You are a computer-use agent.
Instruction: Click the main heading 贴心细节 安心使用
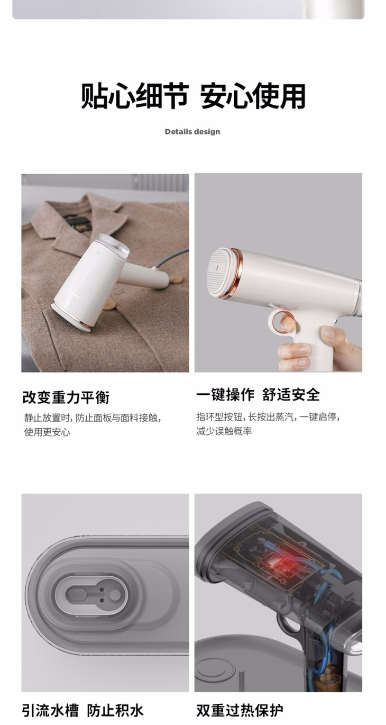tap(193, 96)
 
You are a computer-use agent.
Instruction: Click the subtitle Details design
tap(192, 132)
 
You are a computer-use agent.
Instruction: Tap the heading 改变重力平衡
tap(66, 397)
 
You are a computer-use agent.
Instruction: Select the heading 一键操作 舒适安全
tap(258, 395)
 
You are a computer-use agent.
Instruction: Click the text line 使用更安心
tap(47, 432)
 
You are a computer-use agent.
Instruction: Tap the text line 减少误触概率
tap(224, 431)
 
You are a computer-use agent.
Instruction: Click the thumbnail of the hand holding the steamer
tap(278, 273)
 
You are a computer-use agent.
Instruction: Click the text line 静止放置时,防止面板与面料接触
tap(93, 418)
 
